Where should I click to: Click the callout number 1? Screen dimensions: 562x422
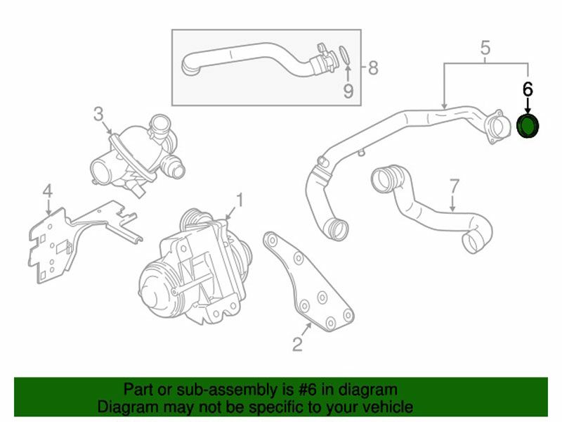[240, 200]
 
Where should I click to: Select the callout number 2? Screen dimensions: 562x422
[297, 343]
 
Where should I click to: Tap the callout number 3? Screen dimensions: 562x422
[98, 114]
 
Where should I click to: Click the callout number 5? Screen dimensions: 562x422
[485, 47]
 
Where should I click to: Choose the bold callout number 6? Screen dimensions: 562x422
[528, 89]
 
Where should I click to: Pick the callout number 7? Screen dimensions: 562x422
[454, 186]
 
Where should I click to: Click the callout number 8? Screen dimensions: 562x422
[373, 68]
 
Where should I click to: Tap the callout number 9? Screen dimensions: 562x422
[348, 91]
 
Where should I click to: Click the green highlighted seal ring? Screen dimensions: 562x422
[528, 126]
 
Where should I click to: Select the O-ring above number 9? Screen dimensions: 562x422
[344, 56]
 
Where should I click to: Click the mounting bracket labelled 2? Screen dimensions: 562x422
[308, 281]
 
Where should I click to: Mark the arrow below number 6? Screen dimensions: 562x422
[528, 105]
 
